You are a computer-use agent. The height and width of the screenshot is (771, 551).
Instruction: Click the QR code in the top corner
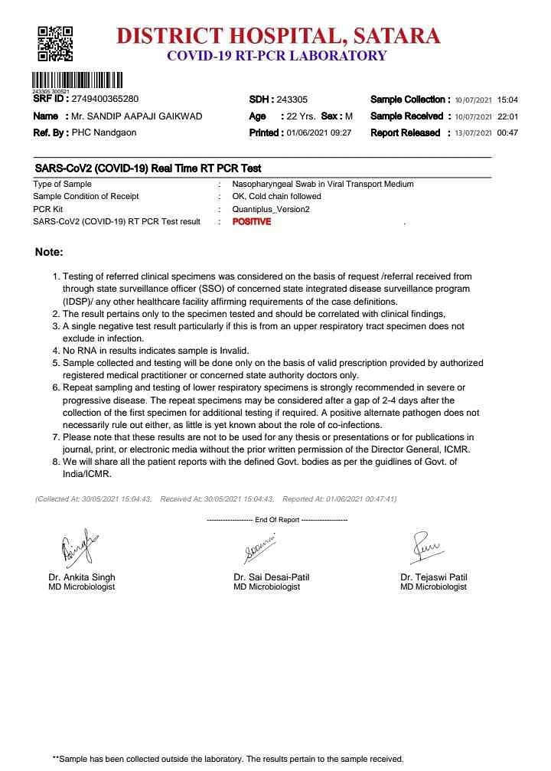(x=55, y=44)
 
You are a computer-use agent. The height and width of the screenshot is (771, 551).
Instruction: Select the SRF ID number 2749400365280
(x=105, y=100)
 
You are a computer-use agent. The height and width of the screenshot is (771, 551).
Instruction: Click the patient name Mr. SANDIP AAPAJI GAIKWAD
(x=136, y=116)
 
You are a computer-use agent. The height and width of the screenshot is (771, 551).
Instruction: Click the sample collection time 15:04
(x=507, y=100)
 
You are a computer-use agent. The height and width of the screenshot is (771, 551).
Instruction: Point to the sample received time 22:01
(x=507, y=117)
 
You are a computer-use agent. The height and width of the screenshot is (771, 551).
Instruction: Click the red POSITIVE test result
(x=251, y=221)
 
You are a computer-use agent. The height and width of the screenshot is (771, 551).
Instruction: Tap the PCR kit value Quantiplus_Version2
(x=270, y=209)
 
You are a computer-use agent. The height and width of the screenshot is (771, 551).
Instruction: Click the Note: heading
(x=49, y=252)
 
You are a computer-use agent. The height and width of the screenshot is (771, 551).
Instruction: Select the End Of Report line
(x=276, y=520)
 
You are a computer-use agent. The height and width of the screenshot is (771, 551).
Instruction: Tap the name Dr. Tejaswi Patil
(x=433, y=577)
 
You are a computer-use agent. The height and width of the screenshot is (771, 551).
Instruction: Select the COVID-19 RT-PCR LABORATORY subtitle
(x=276, y=56)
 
